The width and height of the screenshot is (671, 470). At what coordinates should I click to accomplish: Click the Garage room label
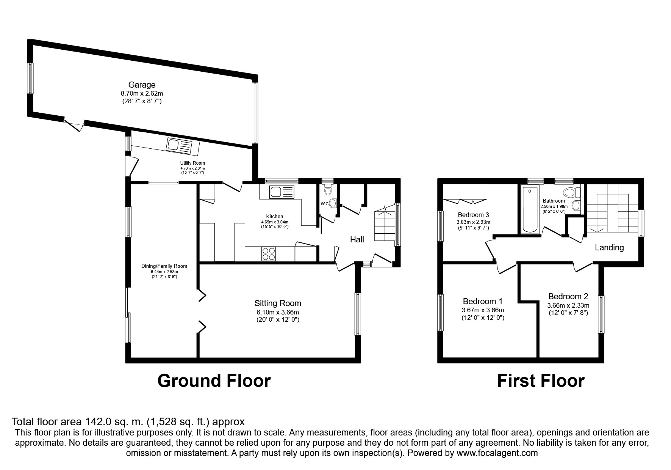click(x=142, y=85)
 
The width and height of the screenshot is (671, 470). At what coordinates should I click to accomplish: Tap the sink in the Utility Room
click(x=180, y=146)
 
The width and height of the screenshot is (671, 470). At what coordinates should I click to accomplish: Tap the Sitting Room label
click(x=278, y=303)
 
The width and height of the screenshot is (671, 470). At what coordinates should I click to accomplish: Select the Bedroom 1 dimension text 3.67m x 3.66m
click(x=483, y=310)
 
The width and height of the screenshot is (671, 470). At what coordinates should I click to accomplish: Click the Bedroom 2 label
click(x=568, y=296)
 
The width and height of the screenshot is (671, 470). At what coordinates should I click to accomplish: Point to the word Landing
click(x=609, y=248)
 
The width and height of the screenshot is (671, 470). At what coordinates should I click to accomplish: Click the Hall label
click(x=357, y=239)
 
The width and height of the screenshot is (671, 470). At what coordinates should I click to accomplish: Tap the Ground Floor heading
click(x=214, y=380)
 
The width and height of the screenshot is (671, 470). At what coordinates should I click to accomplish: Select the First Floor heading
click(x=541, y=380)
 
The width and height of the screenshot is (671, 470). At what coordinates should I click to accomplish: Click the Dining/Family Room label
click(x=164, y=266)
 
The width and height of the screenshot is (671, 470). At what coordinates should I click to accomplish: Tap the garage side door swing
click(x=74, y=124)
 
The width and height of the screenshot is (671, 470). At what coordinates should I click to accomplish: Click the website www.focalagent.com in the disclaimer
click(x=497, y=453)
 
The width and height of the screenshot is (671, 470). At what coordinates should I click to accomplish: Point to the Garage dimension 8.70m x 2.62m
click(x=142, y=93)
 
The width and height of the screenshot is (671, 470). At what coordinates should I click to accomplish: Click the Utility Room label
click(x=192, y=163)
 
